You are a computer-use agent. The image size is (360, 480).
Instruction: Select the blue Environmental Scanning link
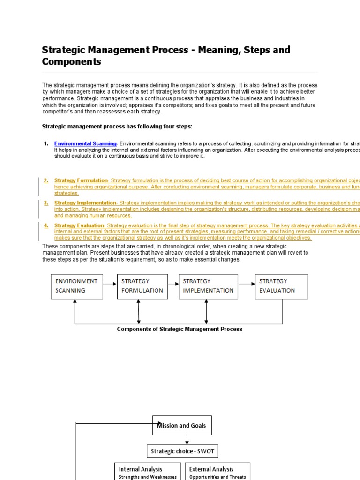tap(85, 143)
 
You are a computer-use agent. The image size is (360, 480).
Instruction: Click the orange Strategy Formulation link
tap(81, 180)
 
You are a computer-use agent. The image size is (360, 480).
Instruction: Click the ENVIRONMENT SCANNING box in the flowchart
tap(77, 286)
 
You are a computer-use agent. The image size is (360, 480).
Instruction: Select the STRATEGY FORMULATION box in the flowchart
tap(142, 286)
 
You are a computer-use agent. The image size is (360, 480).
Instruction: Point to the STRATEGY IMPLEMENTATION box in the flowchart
tap(208, 286)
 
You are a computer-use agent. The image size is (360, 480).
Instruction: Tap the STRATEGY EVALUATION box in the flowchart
tap(281, 286)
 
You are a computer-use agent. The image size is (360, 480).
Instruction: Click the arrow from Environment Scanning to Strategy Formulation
tap(110, 284)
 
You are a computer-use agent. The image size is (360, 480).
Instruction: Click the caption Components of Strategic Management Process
tap(180, 329)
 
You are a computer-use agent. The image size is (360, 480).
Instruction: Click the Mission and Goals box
tap(182, 426)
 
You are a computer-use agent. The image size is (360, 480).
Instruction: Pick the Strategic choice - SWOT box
tap(182, 452)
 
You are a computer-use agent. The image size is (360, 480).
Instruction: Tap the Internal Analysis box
tap(148, 472)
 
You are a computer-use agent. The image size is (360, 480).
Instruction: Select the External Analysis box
tap(217, 472)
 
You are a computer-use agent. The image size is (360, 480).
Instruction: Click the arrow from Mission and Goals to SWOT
tap(187, 440)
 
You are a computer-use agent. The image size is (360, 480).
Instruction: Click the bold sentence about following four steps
tap(117, 127)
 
